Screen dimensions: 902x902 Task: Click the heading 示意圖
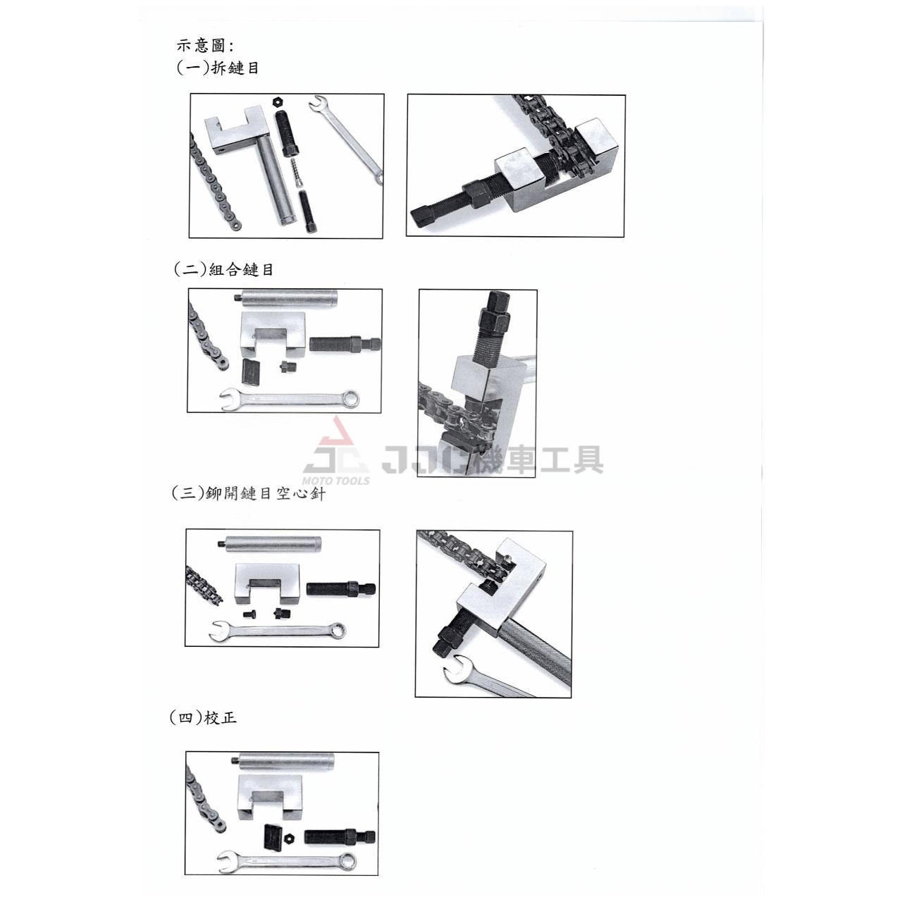click(204, 45)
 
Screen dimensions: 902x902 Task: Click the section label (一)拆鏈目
click(217, 68)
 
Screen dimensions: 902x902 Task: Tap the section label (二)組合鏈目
click(223, 270)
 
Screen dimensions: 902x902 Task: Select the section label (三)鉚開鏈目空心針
click(249, 493)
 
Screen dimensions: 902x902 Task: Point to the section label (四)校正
click(203, 717)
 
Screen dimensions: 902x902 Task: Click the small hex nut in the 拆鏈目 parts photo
click(278, 101)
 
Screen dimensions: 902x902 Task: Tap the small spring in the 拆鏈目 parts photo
click(296, 172)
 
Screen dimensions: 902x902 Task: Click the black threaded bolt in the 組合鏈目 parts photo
click(345, 345)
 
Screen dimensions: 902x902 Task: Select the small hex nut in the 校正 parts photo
click(290, 836)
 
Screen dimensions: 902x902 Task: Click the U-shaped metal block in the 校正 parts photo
click(269, 796)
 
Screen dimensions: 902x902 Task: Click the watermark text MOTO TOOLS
click(336, 481)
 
